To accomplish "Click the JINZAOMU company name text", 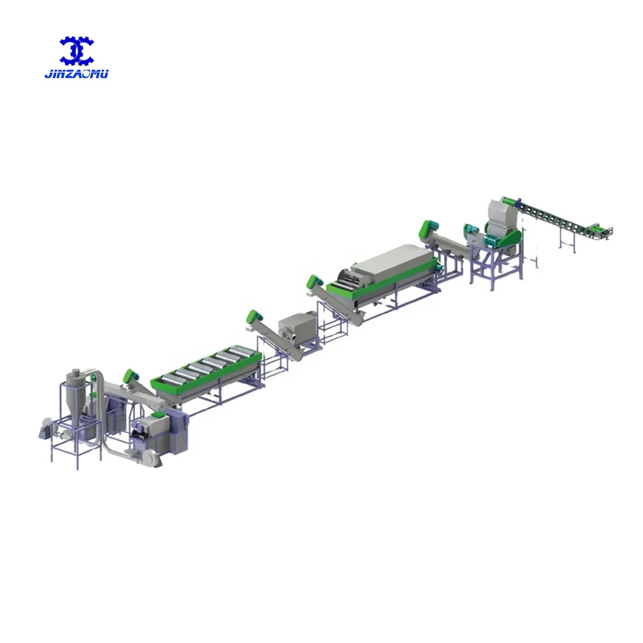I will pos(77,74).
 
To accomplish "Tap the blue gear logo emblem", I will pos(77,51).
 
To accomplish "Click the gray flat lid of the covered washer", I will pos(392,260).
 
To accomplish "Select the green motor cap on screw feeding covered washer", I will pos(313,282).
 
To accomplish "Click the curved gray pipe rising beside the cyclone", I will pos(97,383).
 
